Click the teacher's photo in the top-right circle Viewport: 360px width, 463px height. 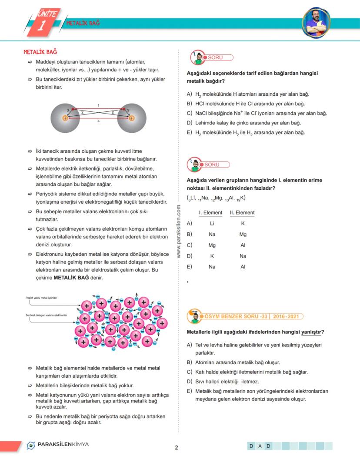pos(316,22)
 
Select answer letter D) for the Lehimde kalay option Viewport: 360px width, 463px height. pos(189,123)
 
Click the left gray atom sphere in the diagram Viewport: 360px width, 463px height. pos(65,117)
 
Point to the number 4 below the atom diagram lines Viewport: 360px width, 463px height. pos(98,121)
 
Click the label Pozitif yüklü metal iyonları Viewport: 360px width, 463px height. pos(41,298)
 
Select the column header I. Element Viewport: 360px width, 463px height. pos(210,213)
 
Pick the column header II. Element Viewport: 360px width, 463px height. pos(242,213)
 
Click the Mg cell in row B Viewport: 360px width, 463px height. pos(243,234)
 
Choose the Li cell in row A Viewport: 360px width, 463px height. pos(212,223)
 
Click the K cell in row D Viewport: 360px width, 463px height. pos(212,256)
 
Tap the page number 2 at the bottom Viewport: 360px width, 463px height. pos(176,447)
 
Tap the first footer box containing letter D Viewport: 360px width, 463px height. pos(252,446)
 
